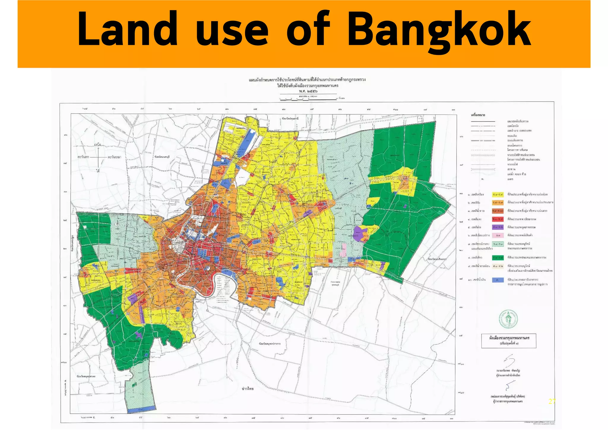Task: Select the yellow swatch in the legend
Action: [498, 195]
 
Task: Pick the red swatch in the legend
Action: [498, 219]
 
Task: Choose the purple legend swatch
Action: [498, 227]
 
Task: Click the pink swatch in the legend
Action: [498, 235]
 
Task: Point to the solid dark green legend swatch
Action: [498, 257]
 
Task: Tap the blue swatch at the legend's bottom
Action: [498, 280]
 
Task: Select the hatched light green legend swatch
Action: [498, 244]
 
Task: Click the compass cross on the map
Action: [98, 157]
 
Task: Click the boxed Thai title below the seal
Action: [509, 340]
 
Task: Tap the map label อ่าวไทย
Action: [248, 389]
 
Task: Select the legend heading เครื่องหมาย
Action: [478, 115]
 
